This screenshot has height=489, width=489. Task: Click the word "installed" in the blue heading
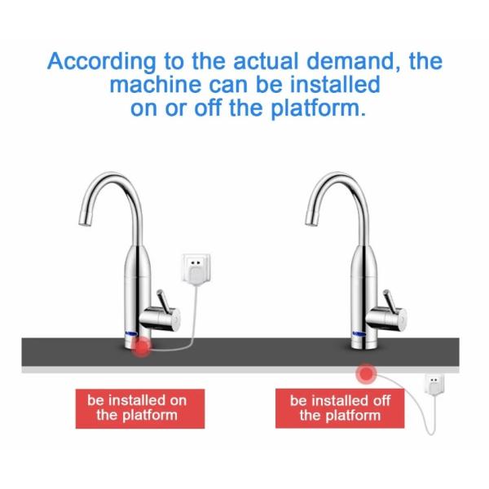(x=324, y=85)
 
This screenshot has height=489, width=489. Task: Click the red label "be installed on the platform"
(x=137, y=407)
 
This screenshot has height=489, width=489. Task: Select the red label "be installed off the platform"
(x=340, y=407)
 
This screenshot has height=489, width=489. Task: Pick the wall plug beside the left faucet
(x=193, y=268)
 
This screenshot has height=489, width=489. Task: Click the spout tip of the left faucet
(x=81, y=222)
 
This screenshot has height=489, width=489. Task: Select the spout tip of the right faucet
(x=307, y=222)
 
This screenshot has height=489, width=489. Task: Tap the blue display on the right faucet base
(x=358, y=334)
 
